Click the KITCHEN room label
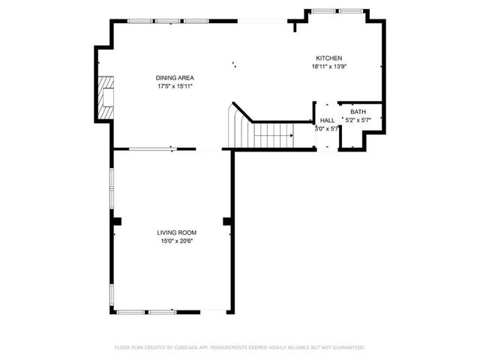tap(328, 58)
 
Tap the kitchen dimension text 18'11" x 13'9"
tap(328, 67)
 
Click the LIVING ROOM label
tap(177, 232)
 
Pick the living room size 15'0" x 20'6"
tap(177, 241)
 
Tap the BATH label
tap(358, 112)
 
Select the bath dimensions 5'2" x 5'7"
tap(358, 119)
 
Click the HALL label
tap(328, 120)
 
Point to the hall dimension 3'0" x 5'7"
tap(327, 128)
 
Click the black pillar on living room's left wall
tap(116, 220)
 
